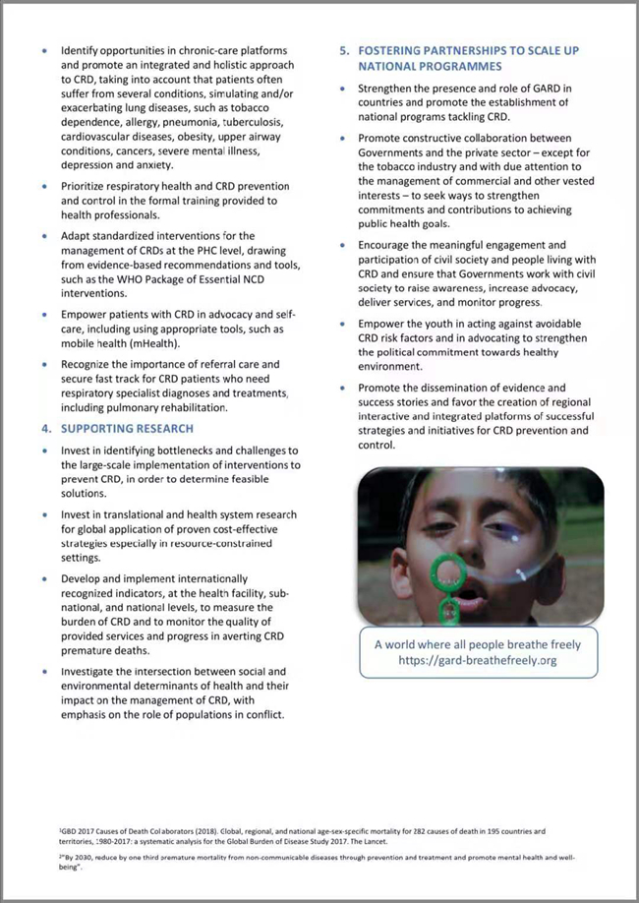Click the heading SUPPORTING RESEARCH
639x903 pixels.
(127, 429)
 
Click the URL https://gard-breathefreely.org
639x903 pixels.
(478, 660)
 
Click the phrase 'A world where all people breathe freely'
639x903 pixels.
(478, 644)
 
